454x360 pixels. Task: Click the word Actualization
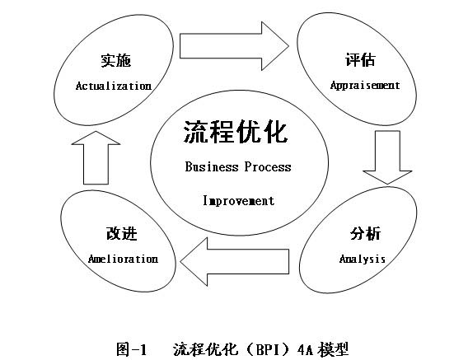[x=114, y=86]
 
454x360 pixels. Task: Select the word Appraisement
[x=364, y=85]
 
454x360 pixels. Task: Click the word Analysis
[x=363, y=259]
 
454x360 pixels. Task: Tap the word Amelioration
[x=123, y=259]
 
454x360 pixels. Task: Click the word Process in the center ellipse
[x=268, y=167]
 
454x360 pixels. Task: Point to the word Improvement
[x=238, y=200]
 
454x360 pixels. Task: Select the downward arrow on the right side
[x=387, y=156]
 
